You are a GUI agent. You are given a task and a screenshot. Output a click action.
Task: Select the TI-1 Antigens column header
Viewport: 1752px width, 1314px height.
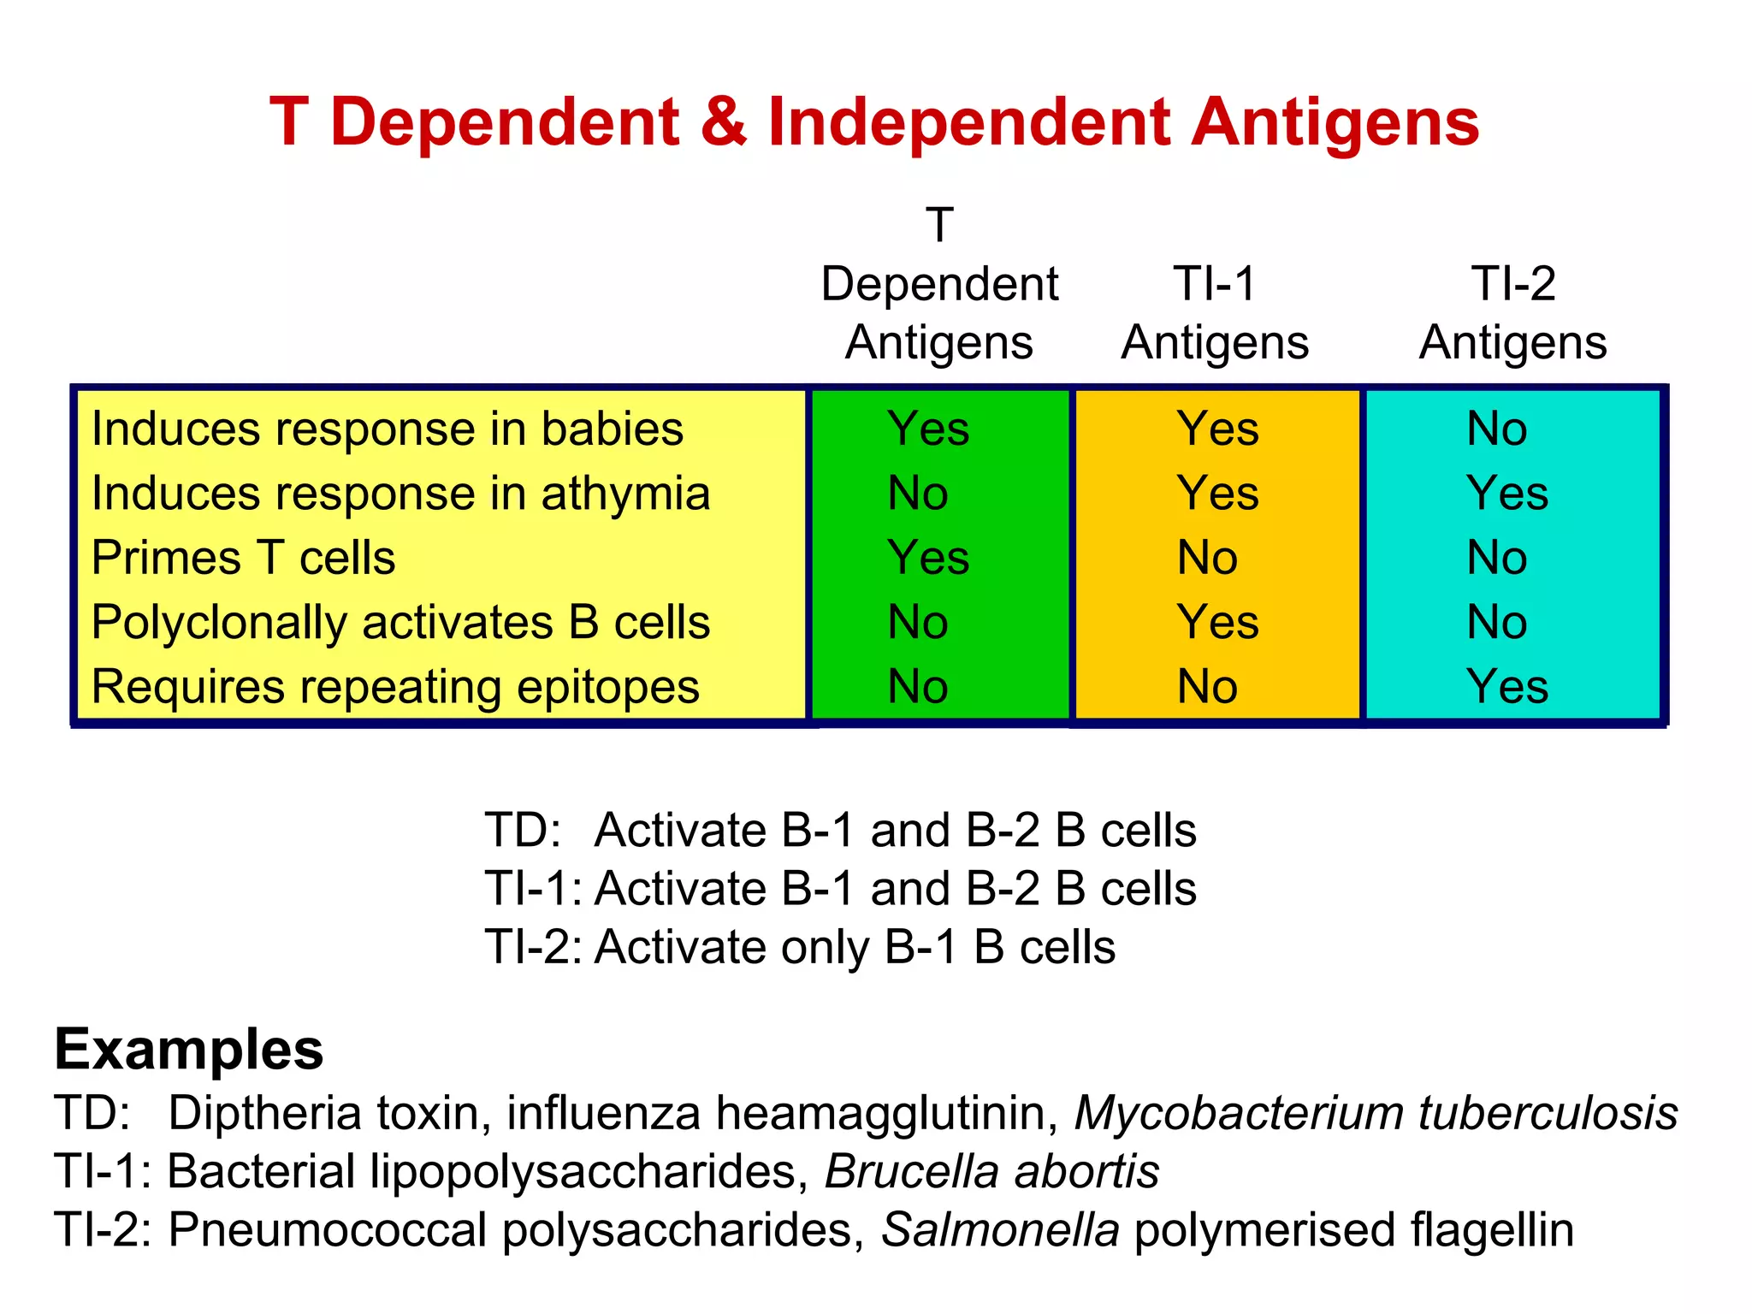click(x=1215, y=313)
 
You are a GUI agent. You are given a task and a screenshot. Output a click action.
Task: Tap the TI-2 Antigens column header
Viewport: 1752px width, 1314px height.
click(x=1512, y=313)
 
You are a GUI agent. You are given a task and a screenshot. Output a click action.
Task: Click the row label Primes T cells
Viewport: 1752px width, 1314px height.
click(x=243, y=558)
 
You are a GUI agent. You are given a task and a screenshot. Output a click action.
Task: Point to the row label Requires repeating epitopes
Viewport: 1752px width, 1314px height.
click(x=395, y=687)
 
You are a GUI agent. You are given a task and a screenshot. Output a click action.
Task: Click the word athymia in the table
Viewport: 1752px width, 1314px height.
click(x=625, y=494)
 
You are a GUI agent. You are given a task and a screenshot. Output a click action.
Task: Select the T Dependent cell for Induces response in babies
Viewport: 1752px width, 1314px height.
click(x=928, y=429)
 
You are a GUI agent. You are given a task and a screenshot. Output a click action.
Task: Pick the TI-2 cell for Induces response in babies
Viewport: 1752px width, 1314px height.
click(x=1496, y=429)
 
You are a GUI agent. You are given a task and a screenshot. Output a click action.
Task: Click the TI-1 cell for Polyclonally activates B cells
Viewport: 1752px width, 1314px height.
click(x=1217, y=622)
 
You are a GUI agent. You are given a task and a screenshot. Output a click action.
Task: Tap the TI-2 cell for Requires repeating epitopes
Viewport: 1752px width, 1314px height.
click(x=1506, y=687)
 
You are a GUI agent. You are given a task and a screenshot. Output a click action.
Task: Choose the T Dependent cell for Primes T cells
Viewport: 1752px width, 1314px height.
click(x=928, y=558)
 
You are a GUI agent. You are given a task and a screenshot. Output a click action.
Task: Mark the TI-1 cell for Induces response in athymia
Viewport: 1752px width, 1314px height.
click(x=1217, y=494)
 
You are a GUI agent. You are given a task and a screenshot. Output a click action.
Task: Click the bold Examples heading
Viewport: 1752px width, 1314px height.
click(x=189, y=1050)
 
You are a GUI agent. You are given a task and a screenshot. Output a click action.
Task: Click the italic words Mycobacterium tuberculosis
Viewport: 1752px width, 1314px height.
click(x=1376, y=1113)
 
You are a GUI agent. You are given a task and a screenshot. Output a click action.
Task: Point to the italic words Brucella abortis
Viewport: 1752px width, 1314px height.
click(x=991, y=1171)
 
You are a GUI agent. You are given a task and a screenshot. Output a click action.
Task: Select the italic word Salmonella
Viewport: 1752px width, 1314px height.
click(x=1000, y=1230)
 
